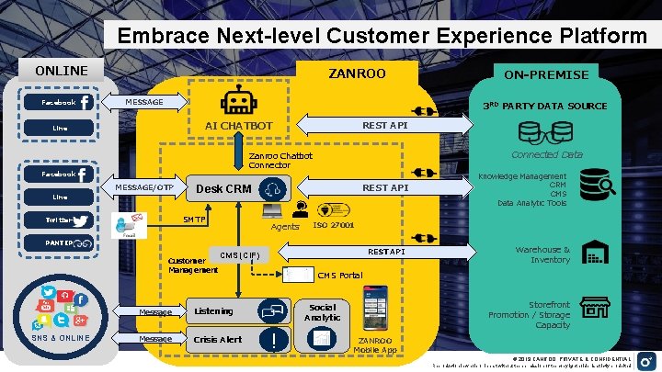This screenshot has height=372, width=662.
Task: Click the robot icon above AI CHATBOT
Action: (237, 101)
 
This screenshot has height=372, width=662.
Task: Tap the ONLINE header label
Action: (62, 71)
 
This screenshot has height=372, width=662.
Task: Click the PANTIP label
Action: (70, 243)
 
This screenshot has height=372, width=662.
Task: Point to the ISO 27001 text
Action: (335, 225)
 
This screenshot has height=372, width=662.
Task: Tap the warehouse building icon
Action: (599, 254)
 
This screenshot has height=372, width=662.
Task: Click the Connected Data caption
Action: (547, 154)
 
